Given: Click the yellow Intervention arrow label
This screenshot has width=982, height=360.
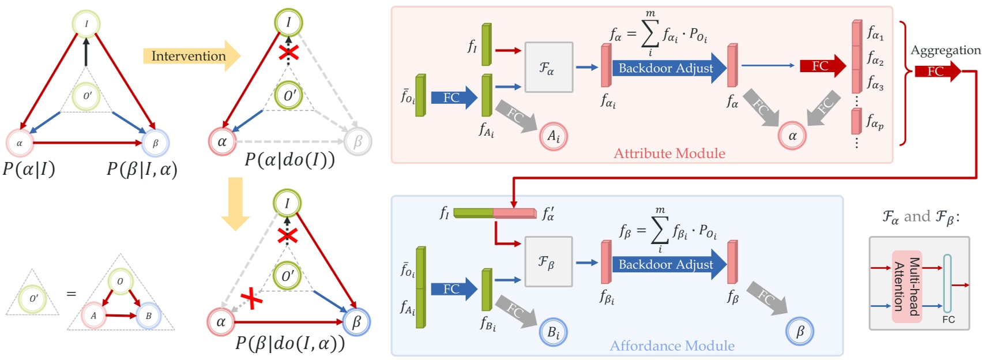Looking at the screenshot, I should pyautogui.click(x=189, y=56).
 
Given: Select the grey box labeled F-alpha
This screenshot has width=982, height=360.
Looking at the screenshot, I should pyautogui.click(x=548, y=67).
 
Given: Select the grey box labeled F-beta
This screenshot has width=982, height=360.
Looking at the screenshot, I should pyautogui.click(x=548, y=262).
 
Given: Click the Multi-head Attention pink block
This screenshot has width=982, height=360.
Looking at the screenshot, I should pyautogui.click(x=906, y=287).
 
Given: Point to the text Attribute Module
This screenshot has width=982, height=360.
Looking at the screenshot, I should pyautogui.click(x=669, y=153).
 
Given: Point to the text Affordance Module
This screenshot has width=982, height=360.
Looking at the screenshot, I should pyautogui.click(x=672, y=346).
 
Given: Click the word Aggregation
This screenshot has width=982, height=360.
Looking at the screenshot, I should pyautogui.click(x=945, y=50).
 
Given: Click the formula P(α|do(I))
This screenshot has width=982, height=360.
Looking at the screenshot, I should pyautogui.click(x=289, y=159).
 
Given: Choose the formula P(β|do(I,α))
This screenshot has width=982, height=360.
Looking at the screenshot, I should pyautogui.click(x=289, y=343).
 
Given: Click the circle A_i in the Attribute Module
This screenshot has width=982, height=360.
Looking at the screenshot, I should pyautogui.click(x=554, y=137).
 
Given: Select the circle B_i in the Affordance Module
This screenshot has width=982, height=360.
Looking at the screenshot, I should pyautogui.click(x=554, y=333).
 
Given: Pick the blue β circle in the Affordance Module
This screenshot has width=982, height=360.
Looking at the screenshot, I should pyautogui.click(x=800, y=332).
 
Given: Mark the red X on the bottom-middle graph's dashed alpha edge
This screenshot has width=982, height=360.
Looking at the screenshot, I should pyautogui.click(x=251, y=298).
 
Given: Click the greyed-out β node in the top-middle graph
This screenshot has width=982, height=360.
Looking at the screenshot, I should pyautogui.click(x=358, y=141).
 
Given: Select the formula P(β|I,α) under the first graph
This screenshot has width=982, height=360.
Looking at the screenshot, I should pyautogui.click(x=142, y=169).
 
